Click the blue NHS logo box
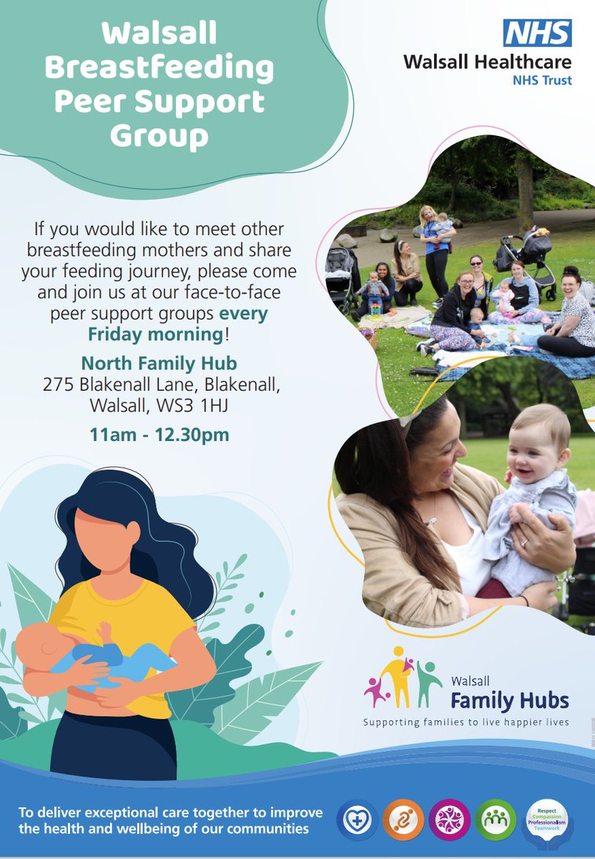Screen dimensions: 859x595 [x=537, y=33]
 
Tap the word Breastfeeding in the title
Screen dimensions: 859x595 [x=159, y=69]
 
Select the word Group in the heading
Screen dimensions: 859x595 [x=159, y=135]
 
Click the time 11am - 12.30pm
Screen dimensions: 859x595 [x=159, y=434]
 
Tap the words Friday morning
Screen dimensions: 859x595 [x=156, y=334]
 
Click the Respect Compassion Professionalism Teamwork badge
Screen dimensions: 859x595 [x=545, y=817]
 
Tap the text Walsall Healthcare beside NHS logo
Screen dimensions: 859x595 [x=487, y=62]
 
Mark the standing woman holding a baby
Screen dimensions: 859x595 [x=436, y=247]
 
